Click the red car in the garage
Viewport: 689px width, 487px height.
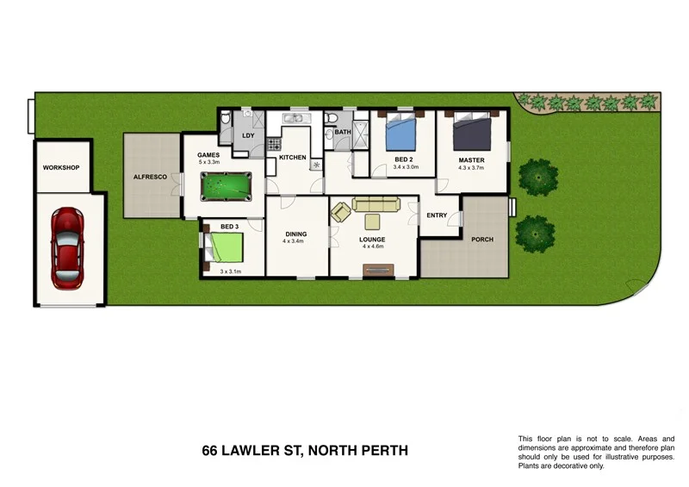tap(69, 248)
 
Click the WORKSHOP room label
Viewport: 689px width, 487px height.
tap(61, 166)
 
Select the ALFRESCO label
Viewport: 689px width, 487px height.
tap(149, 177)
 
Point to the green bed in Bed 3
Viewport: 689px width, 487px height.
tap(228, 248)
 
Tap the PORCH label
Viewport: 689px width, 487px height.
tap(482, 240)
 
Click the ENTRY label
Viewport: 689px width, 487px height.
tap(437, 215)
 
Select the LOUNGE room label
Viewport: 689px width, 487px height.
tap(372, 239)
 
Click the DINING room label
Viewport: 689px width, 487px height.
tap(296, 234)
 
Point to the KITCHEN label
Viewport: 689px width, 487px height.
tap(293, 158)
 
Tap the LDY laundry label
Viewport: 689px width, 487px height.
tap(249, 136)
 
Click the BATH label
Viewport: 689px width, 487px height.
tap(343, 133)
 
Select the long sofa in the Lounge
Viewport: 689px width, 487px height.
tap(376, 204)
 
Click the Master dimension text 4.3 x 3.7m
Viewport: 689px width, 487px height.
tap(471, 168)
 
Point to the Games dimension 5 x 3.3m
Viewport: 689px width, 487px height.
tap(210, 161)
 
